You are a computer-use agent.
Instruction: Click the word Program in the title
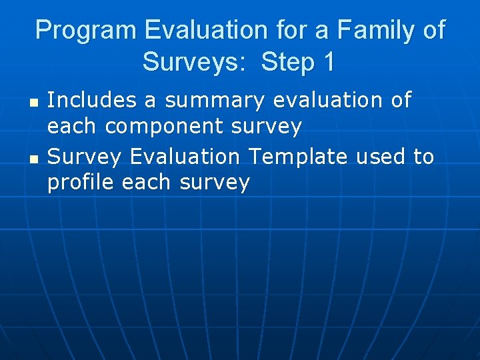[x=86, y=31]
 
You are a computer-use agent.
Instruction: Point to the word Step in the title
[x=288, y=62]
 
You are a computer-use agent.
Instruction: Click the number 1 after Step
[x=328, y=62]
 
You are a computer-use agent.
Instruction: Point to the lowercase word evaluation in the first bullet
[x=323, y=101]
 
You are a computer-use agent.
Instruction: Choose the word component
[x=175, y=126]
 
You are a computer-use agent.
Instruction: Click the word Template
[x=297, y=157]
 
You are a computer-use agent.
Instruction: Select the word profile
[x=81, y=183]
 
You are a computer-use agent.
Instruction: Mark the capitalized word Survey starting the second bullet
[x=85, y=157]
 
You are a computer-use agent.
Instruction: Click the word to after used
[x=423, y=157]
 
